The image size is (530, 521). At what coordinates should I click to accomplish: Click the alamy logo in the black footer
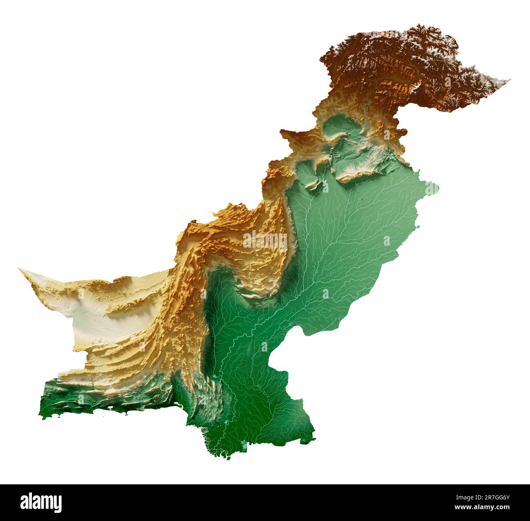[41, 501]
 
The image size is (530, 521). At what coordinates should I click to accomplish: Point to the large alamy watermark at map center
[265, 240]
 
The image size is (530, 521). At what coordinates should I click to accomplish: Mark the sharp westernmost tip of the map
[20, 269]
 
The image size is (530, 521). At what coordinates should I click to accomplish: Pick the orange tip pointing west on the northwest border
[281, 131]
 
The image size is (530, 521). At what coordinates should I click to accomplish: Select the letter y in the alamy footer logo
[57, 502]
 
